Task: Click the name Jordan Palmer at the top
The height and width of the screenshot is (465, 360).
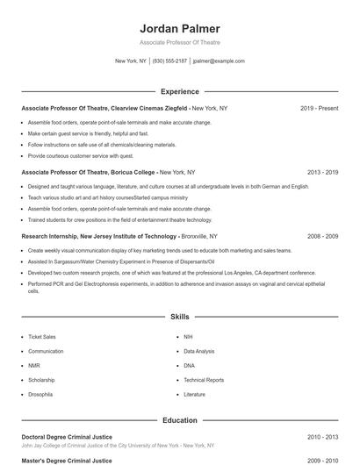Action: (x=180, y=28)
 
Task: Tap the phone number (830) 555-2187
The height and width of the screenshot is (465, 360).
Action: (x=170, y=61)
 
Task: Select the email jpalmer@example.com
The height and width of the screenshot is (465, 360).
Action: (x=219, y=61)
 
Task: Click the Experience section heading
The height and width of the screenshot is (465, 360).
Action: (x=180, y=91)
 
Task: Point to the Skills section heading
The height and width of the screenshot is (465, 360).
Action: (x=180, y=316)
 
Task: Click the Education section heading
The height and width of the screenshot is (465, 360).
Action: (x=180, y=420)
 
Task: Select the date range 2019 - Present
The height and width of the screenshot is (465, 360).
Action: (x=319, y=108)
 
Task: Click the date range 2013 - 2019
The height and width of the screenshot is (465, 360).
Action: (x=322, y=173)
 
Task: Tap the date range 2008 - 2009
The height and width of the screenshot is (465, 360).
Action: (x=322, y=237)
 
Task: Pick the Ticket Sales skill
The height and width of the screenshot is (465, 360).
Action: (x=41, y=337)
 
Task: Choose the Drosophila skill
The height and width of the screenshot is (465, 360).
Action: (x=40, y=395)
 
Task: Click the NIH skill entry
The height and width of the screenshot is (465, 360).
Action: (x=189, y=337)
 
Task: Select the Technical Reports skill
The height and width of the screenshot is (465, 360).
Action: (x=204, y=381)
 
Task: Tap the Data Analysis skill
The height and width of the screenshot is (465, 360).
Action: (x=199, y=351)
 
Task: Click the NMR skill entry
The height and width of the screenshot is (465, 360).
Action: (x=34, y=366)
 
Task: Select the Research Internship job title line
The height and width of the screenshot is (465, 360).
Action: (x=119, y=237)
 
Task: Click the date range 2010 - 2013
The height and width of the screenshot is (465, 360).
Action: (x=322, y=436)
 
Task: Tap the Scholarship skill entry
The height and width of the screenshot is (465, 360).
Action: (x=41, y=381)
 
